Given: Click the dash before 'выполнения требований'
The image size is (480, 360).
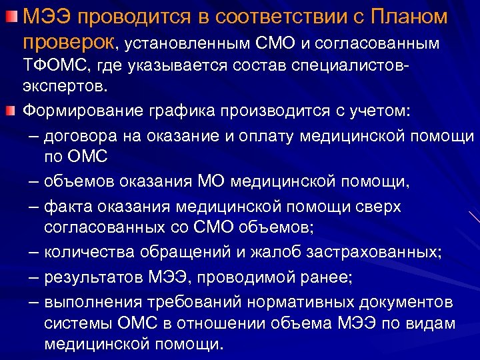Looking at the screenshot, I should [33, 303].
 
